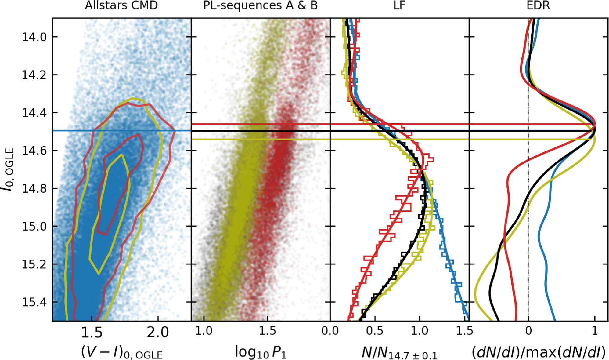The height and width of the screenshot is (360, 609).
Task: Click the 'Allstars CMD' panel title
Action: (121, 5)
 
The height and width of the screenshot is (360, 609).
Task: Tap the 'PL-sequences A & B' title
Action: (260, 5)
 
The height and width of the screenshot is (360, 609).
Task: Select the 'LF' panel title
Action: (399, 5)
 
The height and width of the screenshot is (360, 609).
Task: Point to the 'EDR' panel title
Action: (538, 5)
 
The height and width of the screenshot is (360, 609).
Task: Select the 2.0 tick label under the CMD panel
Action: (158, 332)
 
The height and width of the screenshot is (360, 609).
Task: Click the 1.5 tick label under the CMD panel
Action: (92, 332)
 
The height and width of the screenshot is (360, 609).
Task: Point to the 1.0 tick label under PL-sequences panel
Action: (204, 331)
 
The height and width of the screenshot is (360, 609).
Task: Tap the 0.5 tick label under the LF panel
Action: (375, 331)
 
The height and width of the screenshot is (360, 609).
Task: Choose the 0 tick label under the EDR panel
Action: (528, 331)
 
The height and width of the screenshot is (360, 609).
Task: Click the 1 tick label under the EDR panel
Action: (595, 331)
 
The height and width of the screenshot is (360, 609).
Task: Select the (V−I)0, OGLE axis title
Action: (122, 352)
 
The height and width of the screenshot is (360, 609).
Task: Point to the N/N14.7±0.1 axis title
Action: (399, 353)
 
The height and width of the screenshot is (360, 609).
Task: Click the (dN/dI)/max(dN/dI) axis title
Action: (538, 352)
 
